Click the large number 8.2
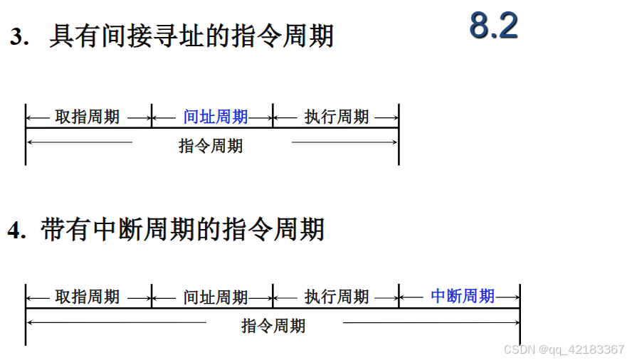pyautogui.click(x=493, y=26)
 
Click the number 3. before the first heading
pyautogui.click(x=20, y=38)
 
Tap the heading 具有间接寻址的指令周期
pyautogui.click(x=191, y=36)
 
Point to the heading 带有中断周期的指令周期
pyautogui.click(x=183, y=230)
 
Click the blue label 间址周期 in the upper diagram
pyautogui.click(x=216, y=117)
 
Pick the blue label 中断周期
pyautogui.click(x=463, y=296)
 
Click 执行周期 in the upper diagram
pyautogui.click(x=337, y=117)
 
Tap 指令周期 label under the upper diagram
pyautogui.click(x=211, y=146)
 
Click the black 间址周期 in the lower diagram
pyautogui.click(x=216, y=297)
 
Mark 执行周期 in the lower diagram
pyautogui.click(x=337, y=297)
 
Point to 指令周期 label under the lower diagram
pyautogui.click(x=273, y=326)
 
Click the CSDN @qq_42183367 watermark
pyautogui.click(x=564, y=349)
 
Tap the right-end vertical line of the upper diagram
pyautogui.click(x=399, y=135)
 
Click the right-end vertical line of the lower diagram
pyautogui.click(x=520, y=314)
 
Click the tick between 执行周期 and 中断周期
pyautogui.click(x=399, y=297)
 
